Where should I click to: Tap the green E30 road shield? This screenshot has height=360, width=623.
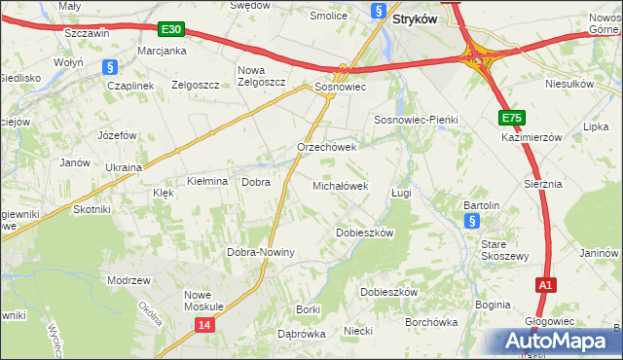(x=170, y=30)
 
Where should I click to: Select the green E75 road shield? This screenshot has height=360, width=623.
(x=512, y=118)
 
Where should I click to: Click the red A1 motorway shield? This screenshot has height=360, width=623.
(x=546, y=285)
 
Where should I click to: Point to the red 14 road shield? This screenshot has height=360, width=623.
(x=202, y=325)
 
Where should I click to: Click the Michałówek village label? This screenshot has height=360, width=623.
(x=340, y=185)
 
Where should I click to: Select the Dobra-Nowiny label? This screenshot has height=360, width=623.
(x=261, y=252)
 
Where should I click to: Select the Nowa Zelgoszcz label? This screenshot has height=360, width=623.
(x=262, y=76)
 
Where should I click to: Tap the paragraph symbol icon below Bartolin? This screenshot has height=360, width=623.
(x=471, y=222)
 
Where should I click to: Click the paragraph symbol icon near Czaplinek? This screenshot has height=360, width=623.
(x=110, y=67)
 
